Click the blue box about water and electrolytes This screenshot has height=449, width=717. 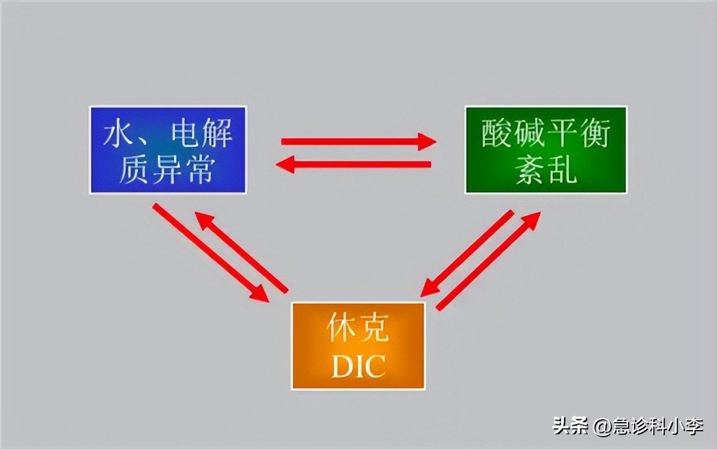[167, 150]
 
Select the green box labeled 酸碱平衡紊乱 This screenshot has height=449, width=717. [546, 150]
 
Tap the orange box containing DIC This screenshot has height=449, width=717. [358, 345]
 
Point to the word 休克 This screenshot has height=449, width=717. [358, 329]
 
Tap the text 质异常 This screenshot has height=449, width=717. [167, 169]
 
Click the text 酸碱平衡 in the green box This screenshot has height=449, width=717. [546, 134]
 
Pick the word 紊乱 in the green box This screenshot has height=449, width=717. [546, 169]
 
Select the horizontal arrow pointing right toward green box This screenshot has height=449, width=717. [358, 142]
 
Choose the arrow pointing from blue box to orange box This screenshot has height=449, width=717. [210, 252]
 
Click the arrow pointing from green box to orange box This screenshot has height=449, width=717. [467, 253]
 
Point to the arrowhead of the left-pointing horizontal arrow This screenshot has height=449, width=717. [285, 165]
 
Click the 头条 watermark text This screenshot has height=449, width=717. [571, 426]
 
